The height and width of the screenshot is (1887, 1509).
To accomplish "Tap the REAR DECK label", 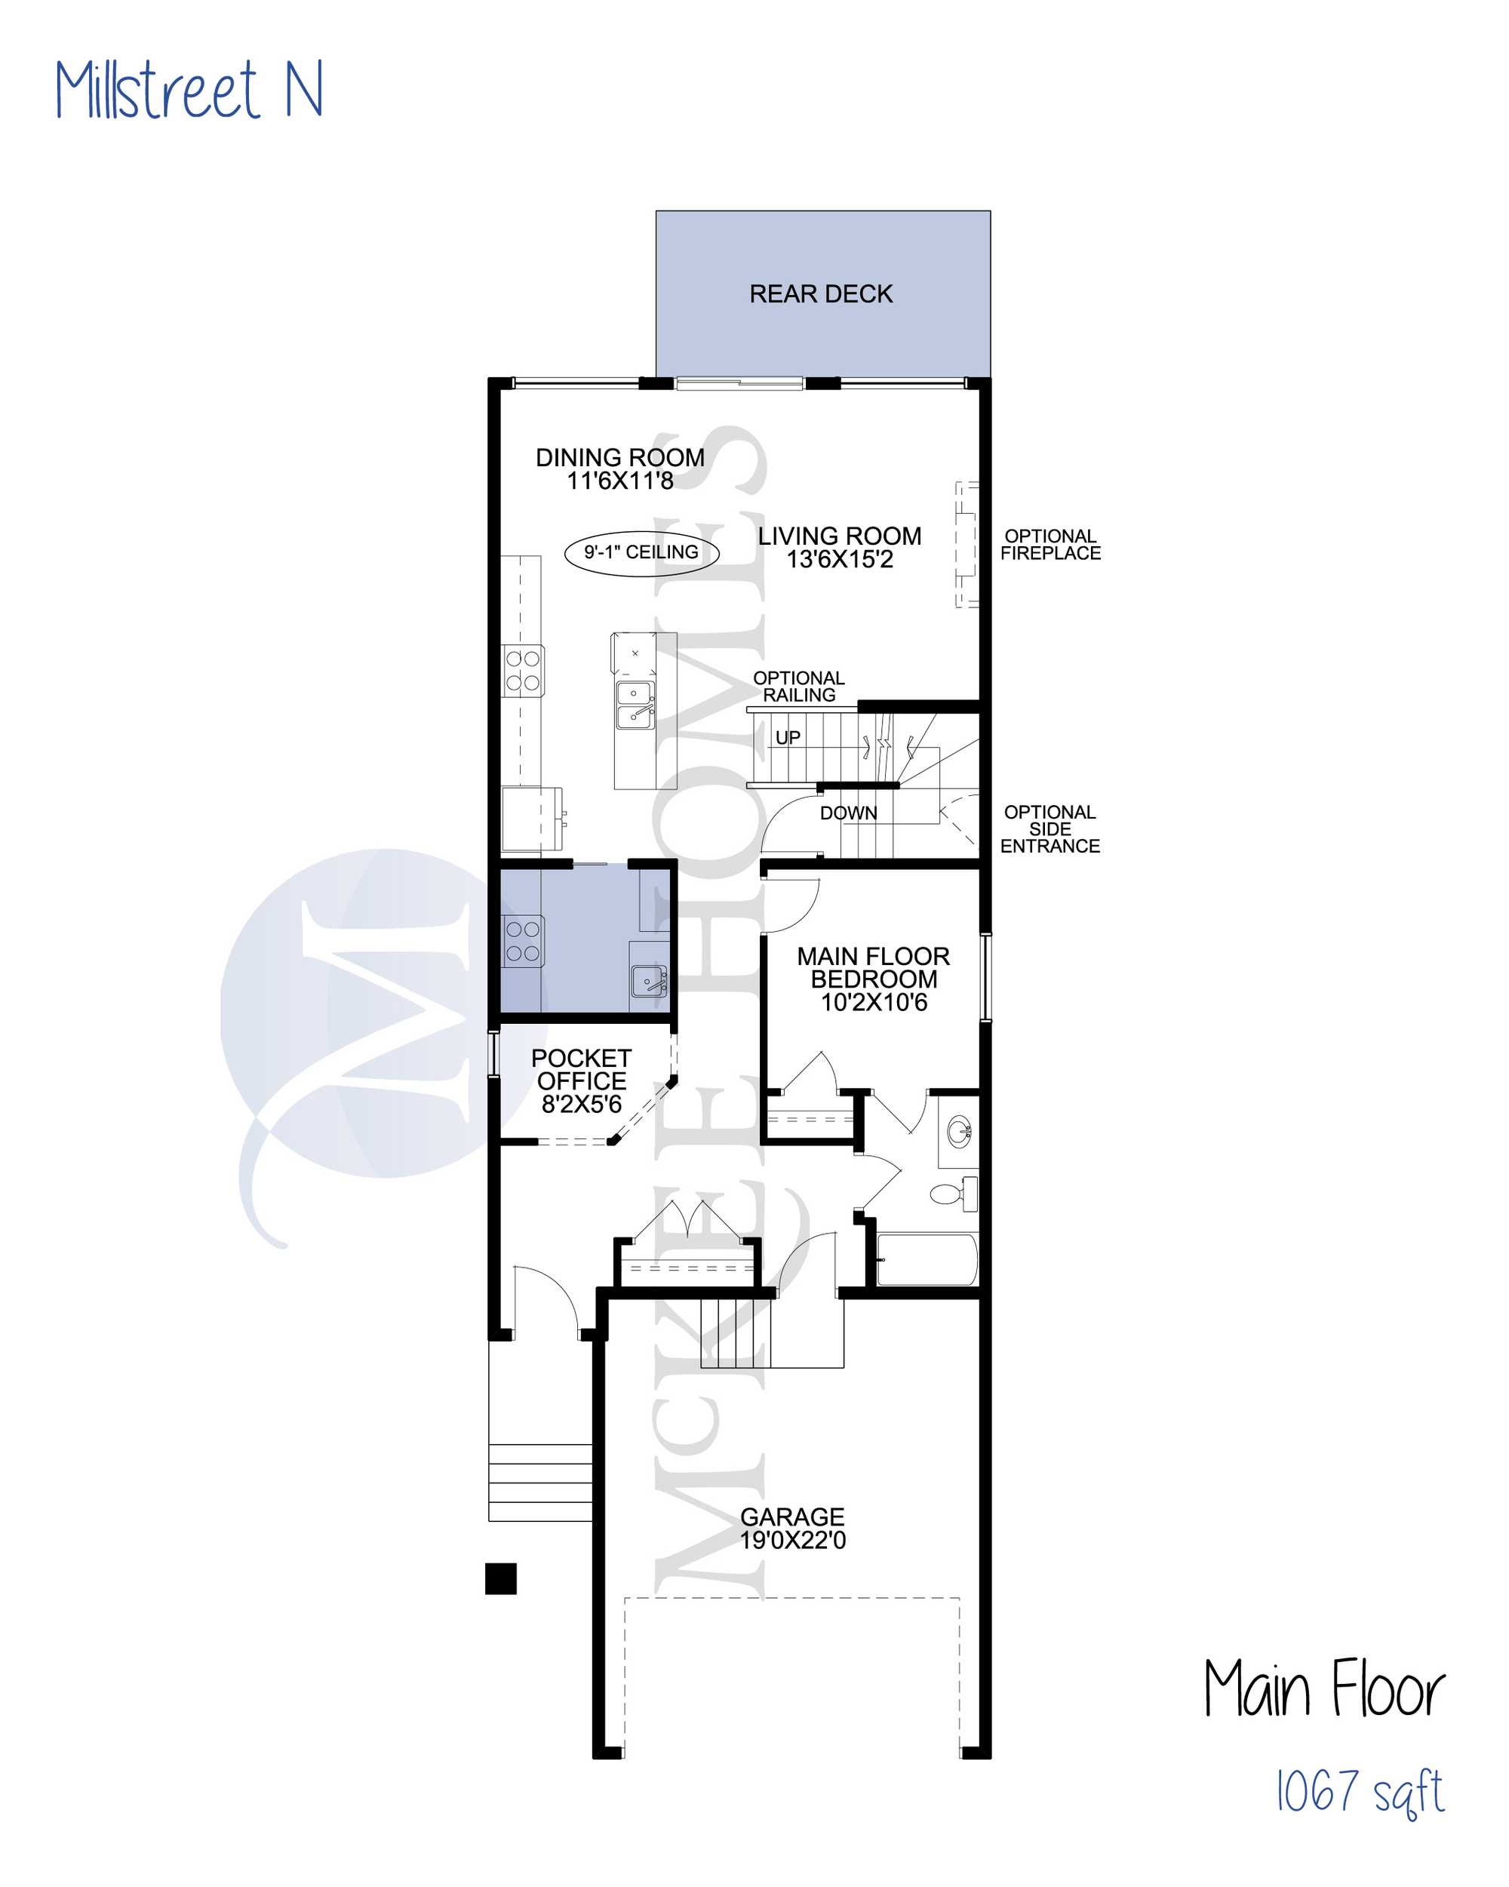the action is [820, 293].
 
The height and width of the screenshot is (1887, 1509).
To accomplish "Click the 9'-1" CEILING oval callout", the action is [641, 552].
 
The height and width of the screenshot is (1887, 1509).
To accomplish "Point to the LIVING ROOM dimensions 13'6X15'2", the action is [840, 559].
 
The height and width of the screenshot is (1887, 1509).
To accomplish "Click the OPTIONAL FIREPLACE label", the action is [1050, 545].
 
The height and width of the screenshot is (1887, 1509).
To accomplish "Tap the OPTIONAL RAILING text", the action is [799, 686].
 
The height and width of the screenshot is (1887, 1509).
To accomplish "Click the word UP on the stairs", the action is [787, 737].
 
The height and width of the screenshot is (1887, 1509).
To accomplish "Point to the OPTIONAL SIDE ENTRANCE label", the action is [1050, 829].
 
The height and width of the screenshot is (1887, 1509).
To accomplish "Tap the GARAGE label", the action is [792, 1517].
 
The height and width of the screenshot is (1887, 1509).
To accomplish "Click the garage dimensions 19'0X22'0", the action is [793, 1541].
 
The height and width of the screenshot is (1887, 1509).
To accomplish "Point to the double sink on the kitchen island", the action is [635, 705].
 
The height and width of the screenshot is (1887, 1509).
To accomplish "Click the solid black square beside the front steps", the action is [501, 1578].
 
